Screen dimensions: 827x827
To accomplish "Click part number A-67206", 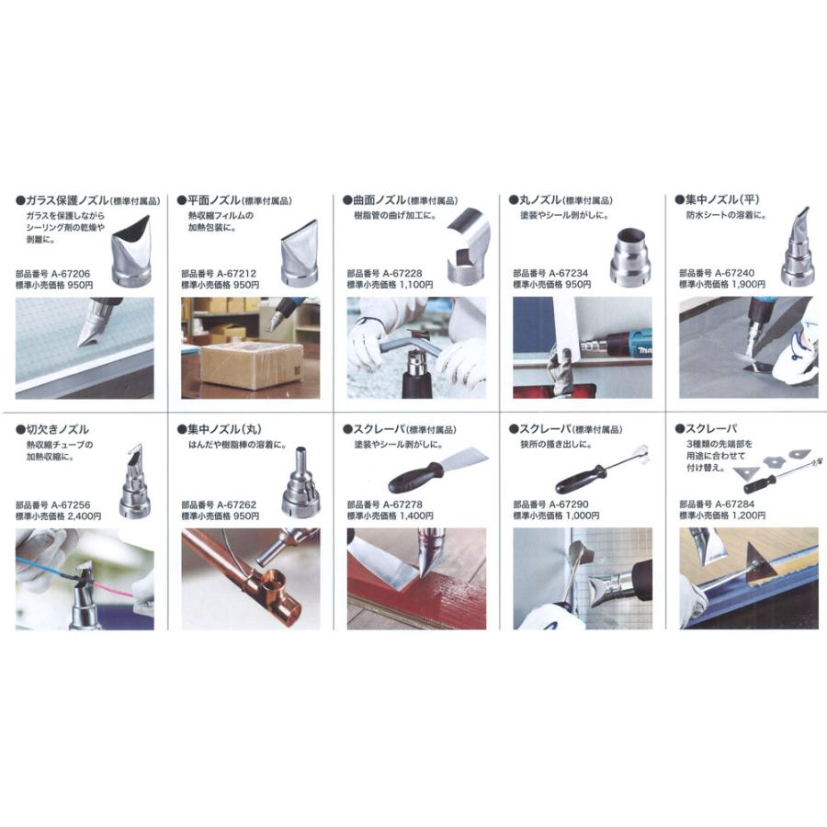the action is point(71,274).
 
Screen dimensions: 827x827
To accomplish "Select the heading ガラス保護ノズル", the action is point(67,200).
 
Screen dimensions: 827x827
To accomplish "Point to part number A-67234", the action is point(569,273).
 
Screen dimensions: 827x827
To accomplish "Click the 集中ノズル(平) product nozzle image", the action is point(797,247).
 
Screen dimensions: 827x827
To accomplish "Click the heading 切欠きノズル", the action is point(58,430).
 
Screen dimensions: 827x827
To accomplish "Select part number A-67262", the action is point(236,504).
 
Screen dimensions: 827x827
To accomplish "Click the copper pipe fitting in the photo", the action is point(269,579).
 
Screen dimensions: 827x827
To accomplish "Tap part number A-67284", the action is point(735,504).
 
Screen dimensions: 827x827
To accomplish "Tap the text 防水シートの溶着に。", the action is point(726,215).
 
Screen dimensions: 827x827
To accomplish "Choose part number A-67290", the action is point(569,504).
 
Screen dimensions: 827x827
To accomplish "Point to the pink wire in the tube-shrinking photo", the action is point(112,587).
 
